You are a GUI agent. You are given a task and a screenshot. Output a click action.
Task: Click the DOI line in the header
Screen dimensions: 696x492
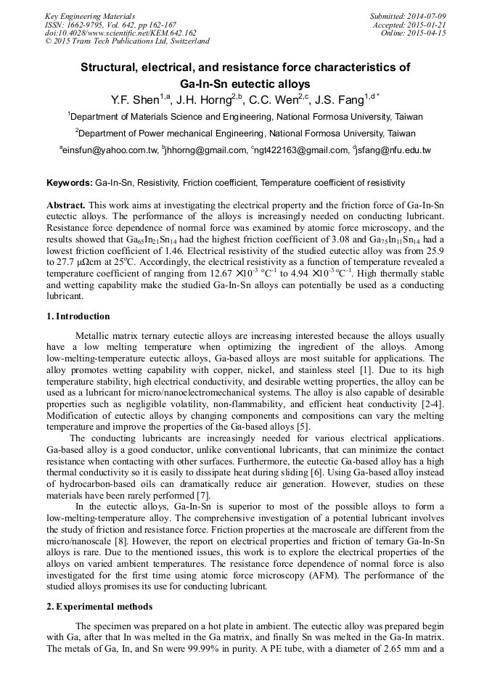tap(120, 33)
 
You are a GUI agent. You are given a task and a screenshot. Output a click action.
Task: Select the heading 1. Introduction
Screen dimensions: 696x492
tap(78, 316)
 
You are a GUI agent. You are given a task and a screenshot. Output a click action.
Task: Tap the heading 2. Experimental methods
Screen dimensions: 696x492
tap(99, 606)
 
